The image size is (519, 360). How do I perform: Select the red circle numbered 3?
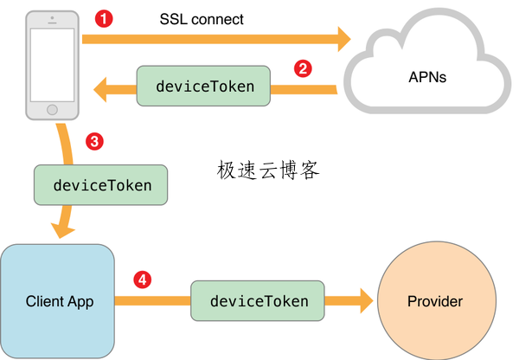click(x=96, y=140)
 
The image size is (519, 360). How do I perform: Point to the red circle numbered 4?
click(x=142, y=280)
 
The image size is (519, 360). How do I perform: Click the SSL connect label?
click(x=202, y=18)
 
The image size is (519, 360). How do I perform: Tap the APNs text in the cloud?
click(x=427, y=77)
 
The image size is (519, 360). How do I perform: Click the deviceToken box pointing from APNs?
click(x=204, y=87)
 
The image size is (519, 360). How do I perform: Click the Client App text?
click(x=59, y=301)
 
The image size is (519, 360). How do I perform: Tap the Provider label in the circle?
click(x=434, y=301)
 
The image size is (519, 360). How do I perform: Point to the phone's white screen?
click(x=52, y=66)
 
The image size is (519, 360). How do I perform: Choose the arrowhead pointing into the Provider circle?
click(x=362, y=301)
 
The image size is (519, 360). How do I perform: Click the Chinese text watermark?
click(x=268, y=170)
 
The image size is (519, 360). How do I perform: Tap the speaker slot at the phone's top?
click(x=52, y=22)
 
